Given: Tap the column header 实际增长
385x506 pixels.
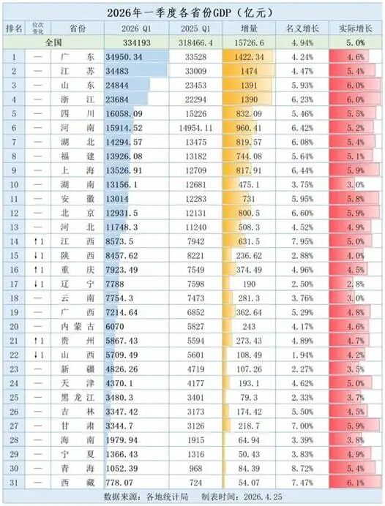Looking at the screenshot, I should pyautogui.click(x=354, y=28).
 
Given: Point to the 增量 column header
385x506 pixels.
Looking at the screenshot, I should pyautogui.click(x=244, y=28).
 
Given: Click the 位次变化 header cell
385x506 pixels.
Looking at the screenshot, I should pyautogui.click(x=39, y=28).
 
